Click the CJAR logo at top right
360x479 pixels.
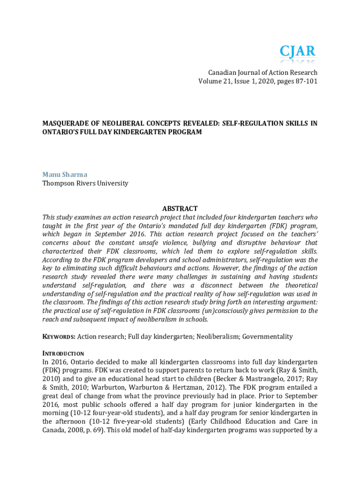[297, 52]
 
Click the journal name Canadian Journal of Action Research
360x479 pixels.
[262, 73]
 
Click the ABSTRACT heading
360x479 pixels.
[180, 209]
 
